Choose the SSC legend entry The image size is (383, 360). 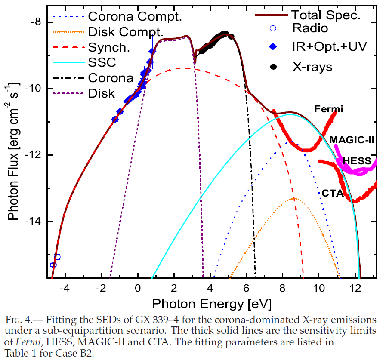click(x=102, y=62)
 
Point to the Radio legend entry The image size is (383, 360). click(x=310, y=28)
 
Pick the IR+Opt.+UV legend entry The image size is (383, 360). click(x=329, y=47)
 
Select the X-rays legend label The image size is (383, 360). click(x=312, y=66)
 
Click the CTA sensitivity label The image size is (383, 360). click(x=333, y=194)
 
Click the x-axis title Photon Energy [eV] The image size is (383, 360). click(x=211, y=305)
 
